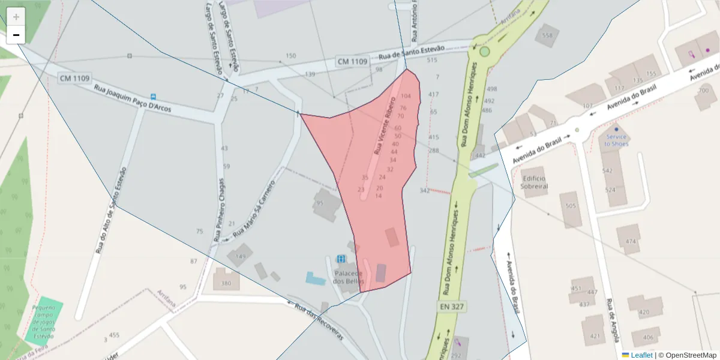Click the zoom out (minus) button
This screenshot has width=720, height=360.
tap(16, 35)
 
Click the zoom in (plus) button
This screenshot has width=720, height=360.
tap(16, 17)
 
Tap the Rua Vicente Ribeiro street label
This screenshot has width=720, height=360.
tap(385, 125)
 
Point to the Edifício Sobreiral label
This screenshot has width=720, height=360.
tap(535, 182)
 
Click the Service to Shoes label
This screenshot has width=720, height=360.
tap(616, 140)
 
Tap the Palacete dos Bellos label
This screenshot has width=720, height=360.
tap(349, 277)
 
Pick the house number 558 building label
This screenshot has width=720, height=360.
tap(547, 35)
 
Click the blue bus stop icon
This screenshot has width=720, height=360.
tap(154, 97)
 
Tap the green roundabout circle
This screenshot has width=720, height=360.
tap(485, 52)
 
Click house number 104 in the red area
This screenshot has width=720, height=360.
tap(406, 96)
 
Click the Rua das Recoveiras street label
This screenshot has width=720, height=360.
tap(319, 322)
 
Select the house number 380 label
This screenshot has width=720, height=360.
tap(226, 283)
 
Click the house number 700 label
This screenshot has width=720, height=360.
tap(703, 91)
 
